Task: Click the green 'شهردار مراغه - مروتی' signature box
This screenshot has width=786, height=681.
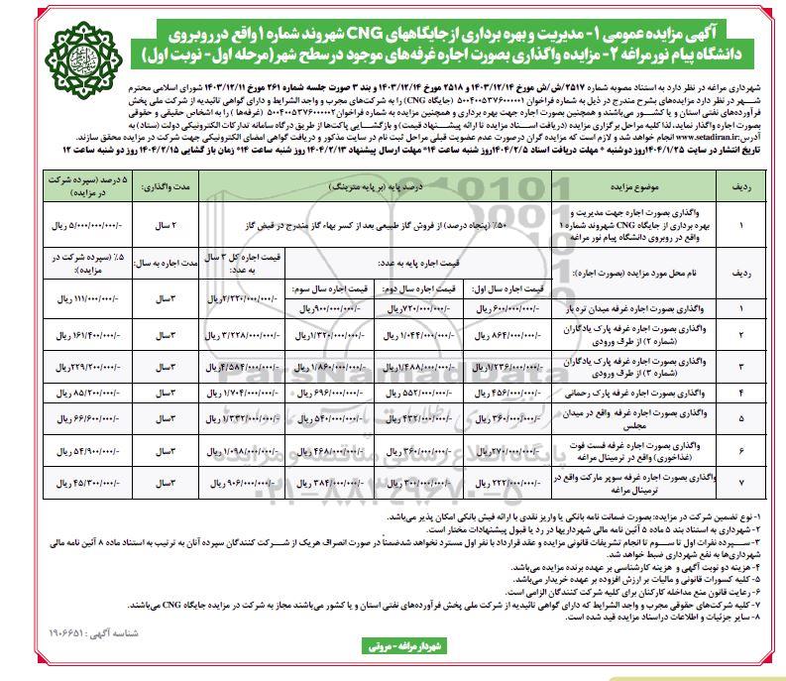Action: (393, 658)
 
